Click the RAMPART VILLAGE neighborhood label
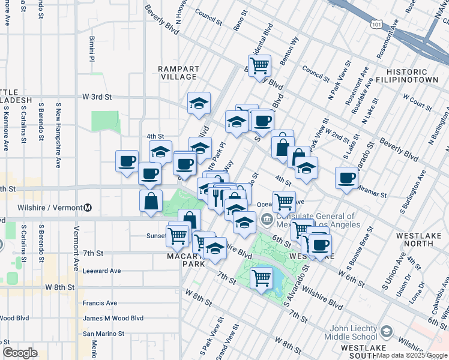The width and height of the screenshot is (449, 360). pyautogui.click(x=178, y=73)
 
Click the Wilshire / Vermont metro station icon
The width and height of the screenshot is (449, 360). pyautogui.click(x=88, y=208)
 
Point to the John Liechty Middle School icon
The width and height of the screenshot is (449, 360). pyautogui.click(x=387, y=331)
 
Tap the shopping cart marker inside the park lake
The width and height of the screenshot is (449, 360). pyautogui.click(x=261, y=278)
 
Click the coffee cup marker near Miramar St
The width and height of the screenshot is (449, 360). pyautogui.click(x=347, y=178)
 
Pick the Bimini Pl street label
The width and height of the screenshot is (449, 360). pyautogui.click(x=92, y=49)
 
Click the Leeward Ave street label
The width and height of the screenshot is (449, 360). pyautogui.click(x=102, y=271)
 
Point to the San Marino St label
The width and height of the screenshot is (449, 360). pyautogui.click(x=103, y=334)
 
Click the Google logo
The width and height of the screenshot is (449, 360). pyautogui.click(x=20, y=353)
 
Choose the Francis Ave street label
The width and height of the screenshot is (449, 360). pyautogui.click(x=100, y=303)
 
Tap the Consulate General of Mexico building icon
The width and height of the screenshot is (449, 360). pyautogui.click(x=267, y=217)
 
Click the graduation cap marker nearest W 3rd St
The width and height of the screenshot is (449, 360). pyautogui.click(x=198, y=104)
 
